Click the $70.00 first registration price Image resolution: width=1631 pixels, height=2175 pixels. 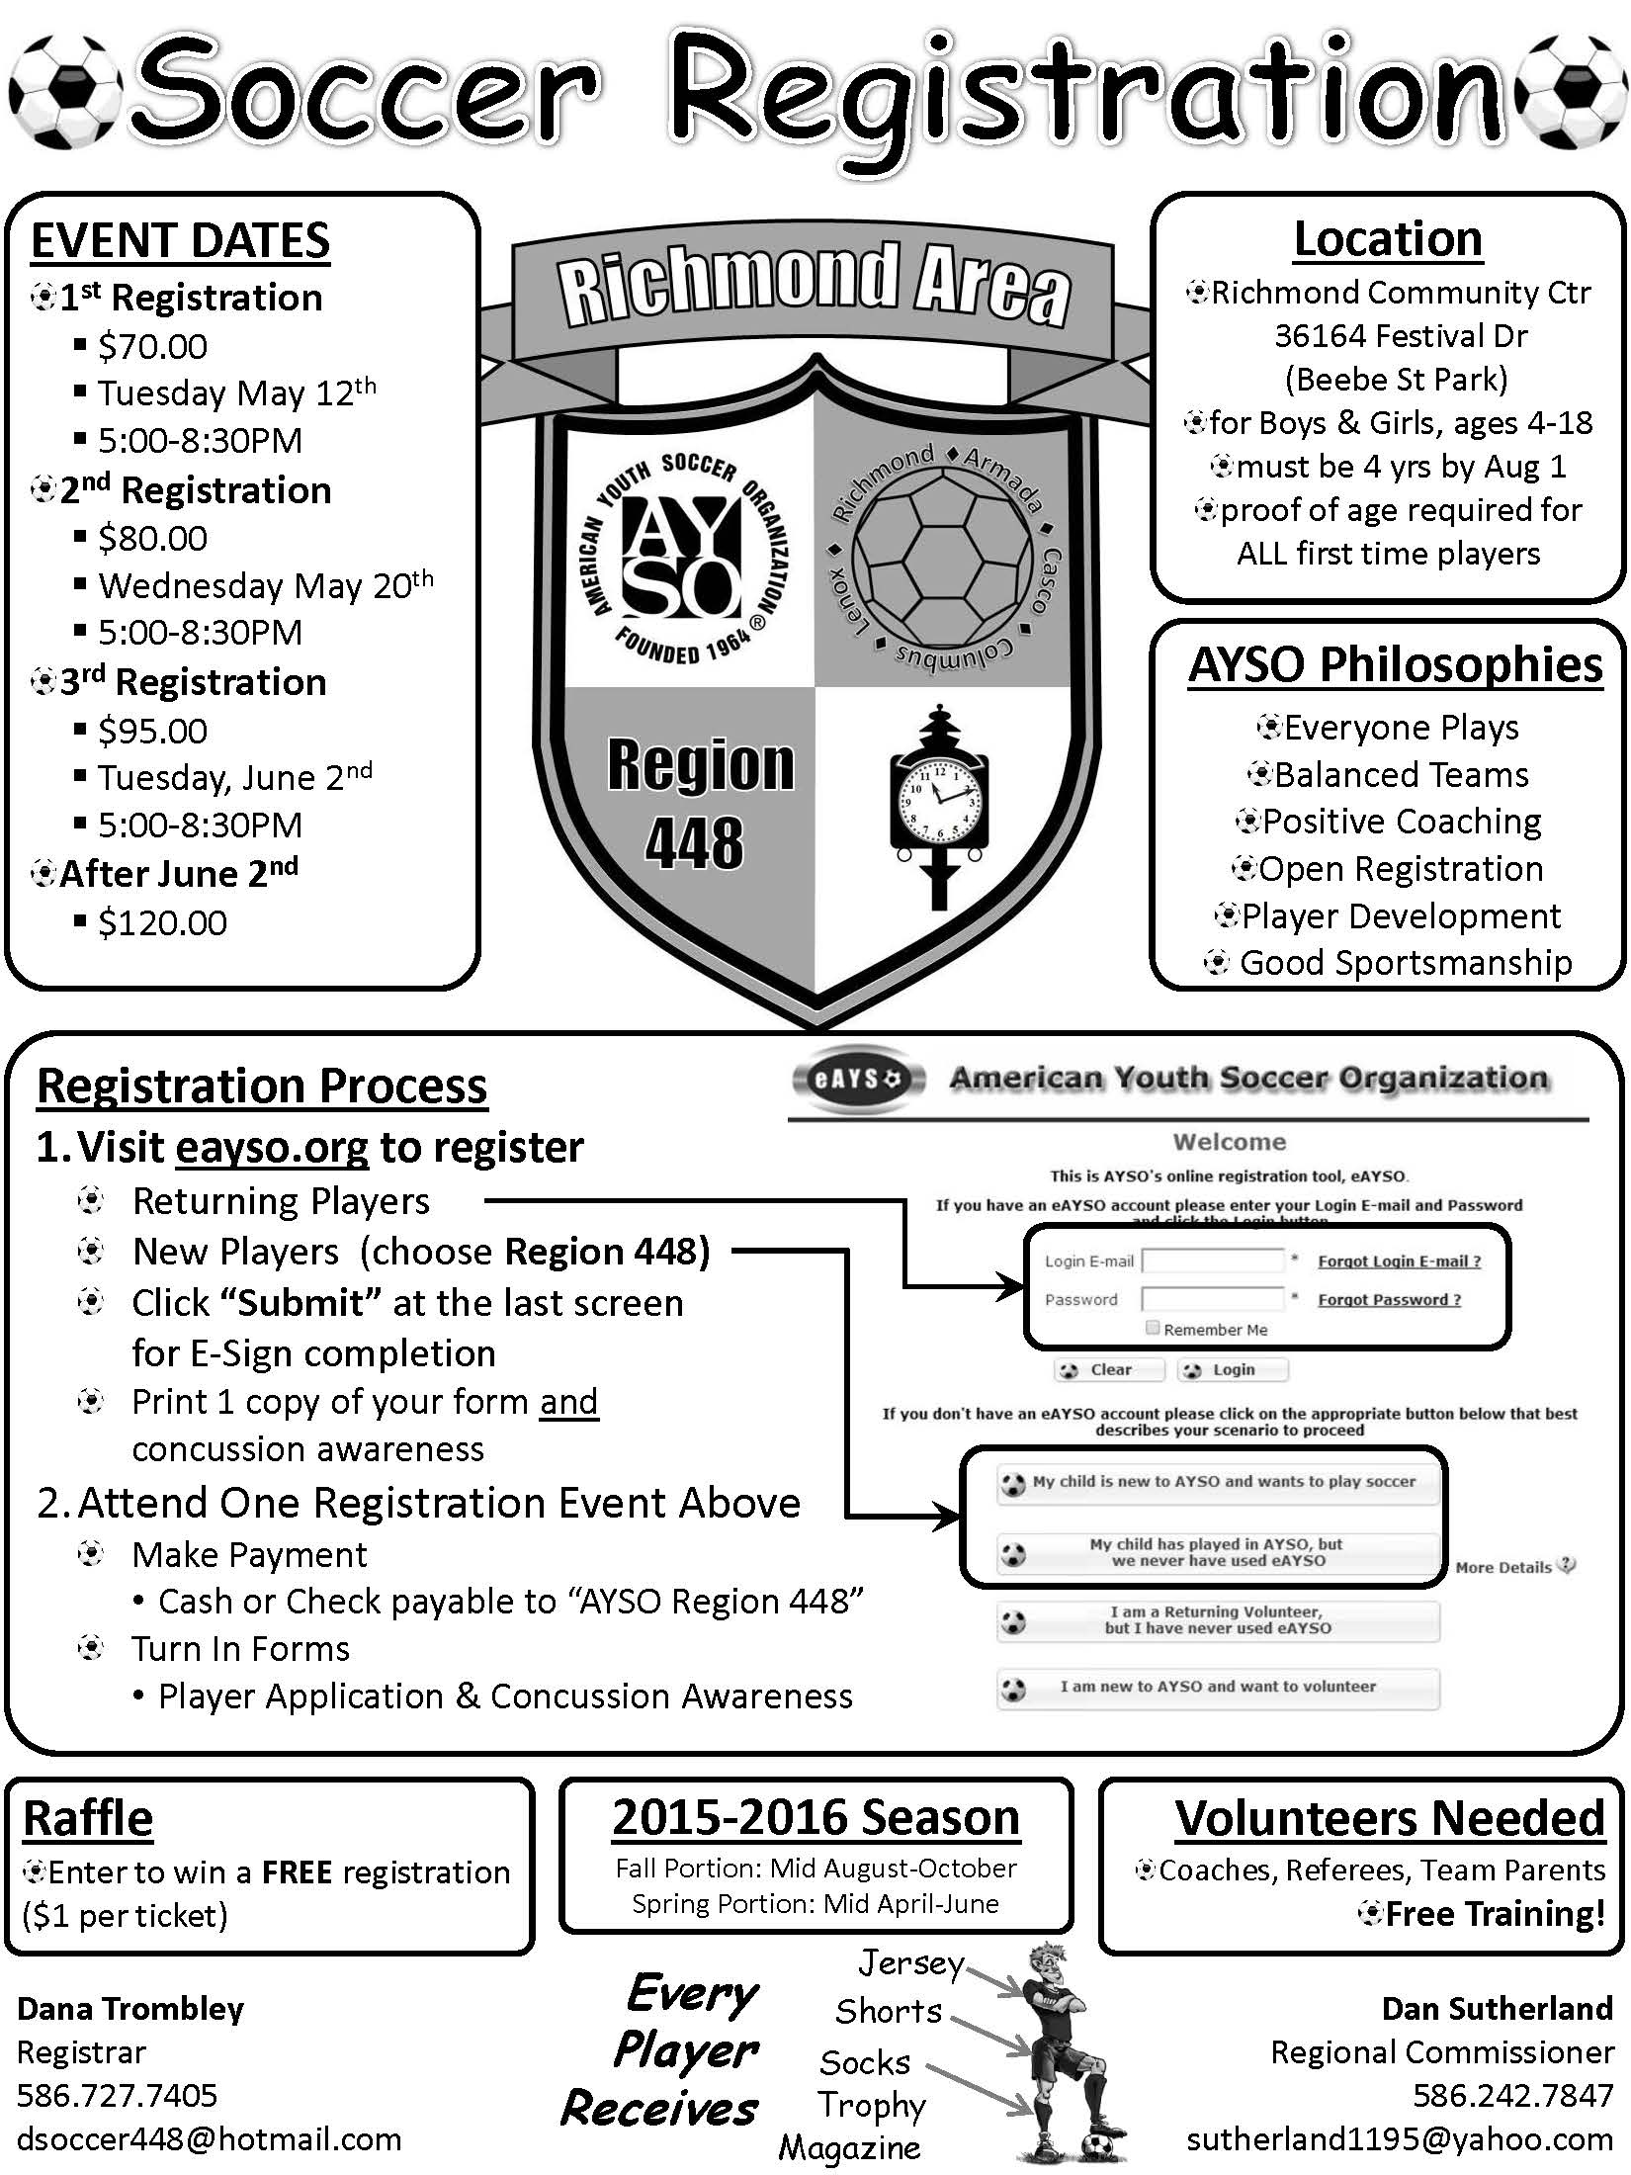pyautogui.click(x=152, y=347)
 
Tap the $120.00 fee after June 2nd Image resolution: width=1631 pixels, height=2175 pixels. pyautogui.click(x=162, y=923)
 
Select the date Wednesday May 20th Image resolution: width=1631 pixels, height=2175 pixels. pyautogui.click(x=265, y=585)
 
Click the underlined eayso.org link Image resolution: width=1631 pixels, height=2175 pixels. pyautogui.click(x=272, y=1147)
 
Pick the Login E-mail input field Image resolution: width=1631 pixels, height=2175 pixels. pyautogui.click(x=1213, y=1261)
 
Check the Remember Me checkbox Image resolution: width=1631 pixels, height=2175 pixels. pyautogui.click(x=1153, y=1328)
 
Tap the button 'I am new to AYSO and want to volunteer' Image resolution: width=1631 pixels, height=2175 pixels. pyautogui.click(x=1217, y=1687)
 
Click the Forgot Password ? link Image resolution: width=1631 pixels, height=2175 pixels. pyautogui.click(x=1389, y=1299)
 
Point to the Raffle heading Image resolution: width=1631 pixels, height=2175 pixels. pyautogui.click(x=88, y=1818)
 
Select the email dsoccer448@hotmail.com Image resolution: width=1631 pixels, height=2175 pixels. pyautogui.click(x=209, y=2139)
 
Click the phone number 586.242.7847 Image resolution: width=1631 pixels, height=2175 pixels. pyautogui.click(x=1512, y=2095)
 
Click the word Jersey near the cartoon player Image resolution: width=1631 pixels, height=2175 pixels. pyautogui.click(x=909, y=1962)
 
